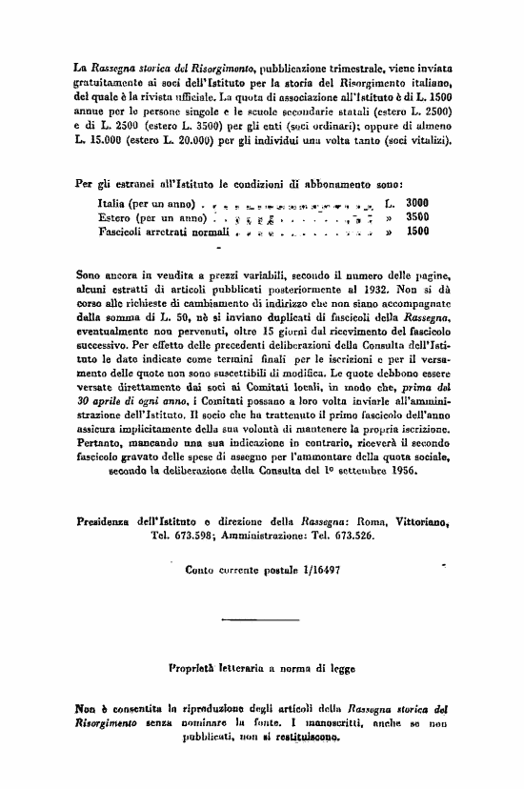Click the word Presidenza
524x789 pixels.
pyautogui.click(x=106, y=521)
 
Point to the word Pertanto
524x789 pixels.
pyautogui.click(x=101, y=444)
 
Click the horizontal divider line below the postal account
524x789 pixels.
pyautogui.click(x=261, y=614)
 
